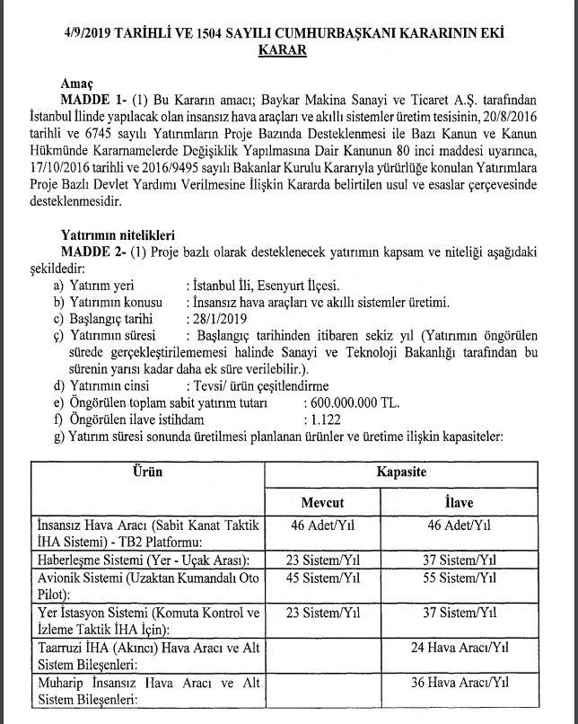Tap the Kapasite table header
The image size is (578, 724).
(400, 472)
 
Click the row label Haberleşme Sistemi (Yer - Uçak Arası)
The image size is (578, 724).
(141, 559)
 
